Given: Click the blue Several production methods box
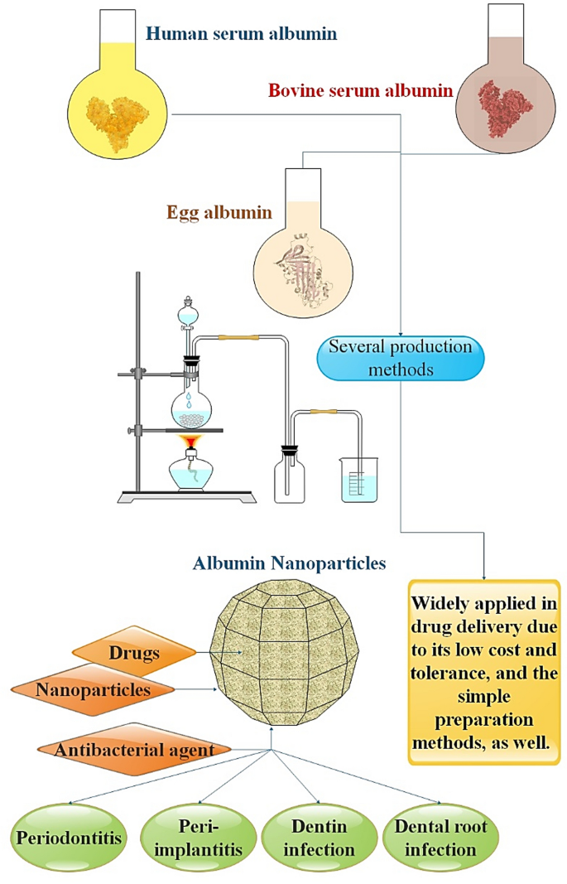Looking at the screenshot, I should pos(401,357).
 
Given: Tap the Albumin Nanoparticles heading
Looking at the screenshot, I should pos(289,563).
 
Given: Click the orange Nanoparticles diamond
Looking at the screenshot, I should pos(94,688).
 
